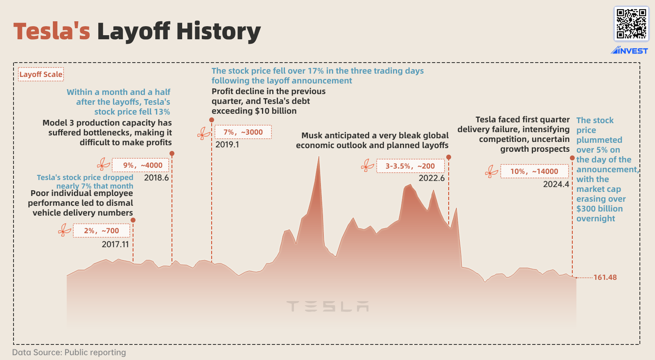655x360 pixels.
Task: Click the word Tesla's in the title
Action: coord(52,31)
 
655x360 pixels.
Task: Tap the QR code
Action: coord(631,24)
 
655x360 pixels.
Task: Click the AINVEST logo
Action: coord(629,51)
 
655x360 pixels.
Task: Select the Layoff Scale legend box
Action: coord(41,74)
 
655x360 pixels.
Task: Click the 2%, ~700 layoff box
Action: coord(102,231)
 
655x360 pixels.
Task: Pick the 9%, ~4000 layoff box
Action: coord(140,165)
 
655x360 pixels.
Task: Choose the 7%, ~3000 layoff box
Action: coord(243,132)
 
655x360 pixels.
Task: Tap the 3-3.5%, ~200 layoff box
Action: coord(410,166)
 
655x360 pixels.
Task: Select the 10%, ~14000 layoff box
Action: coord(534,171)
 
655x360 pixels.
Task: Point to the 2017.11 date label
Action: coord(115,244)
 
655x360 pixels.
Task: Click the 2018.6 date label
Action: coord(156,178)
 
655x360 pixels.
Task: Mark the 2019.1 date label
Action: coord(227,144)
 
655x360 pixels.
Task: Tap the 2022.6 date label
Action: coord(431,178)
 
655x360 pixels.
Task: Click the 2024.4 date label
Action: coord(556,184)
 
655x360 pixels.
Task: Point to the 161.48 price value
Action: coord(605,277)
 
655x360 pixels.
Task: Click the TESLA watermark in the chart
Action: coord(327,306)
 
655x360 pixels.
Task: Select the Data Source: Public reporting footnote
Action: coord(69,352)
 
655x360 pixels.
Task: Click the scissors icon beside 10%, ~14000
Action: coord(491,171)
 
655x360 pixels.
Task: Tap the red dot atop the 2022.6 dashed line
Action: coord(449,157)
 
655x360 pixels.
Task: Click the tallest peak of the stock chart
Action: coord(319,157)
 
